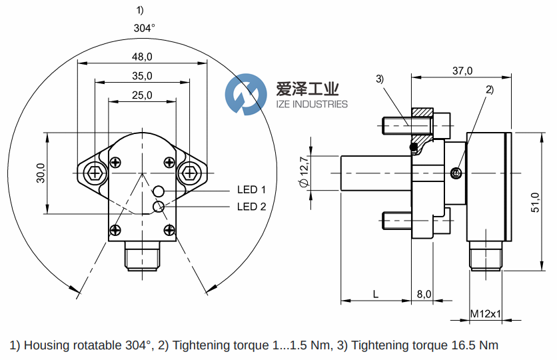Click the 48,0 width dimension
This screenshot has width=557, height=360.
(142, 57)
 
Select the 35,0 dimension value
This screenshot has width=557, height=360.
(142, 76)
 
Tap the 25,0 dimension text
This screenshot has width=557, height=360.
(142, 95)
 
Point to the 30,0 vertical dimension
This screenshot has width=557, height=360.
(41, 173)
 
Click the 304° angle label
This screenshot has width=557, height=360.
(144, 28)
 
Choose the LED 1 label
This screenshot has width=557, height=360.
(251, 190)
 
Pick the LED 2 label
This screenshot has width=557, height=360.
(251, 207)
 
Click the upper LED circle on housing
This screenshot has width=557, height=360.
(159, 192)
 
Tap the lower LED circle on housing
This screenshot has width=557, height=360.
(159, 207)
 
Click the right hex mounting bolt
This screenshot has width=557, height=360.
(189, 173)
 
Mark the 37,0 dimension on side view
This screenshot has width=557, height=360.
(462, 71)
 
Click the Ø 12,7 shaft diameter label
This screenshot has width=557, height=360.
(304, 172)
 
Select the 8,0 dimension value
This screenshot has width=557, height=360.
(424, 294)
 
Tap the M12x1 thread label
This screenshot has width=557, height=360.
(486, 313)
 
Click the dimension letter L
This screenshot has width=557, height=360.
(376, 294)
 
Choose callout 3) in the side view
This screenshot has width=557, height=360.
(380, 79)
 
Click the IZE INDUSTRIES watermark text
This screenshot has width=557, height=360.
(312, 104)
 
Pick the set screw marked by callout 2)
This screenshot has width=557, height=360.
(456, 174)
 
